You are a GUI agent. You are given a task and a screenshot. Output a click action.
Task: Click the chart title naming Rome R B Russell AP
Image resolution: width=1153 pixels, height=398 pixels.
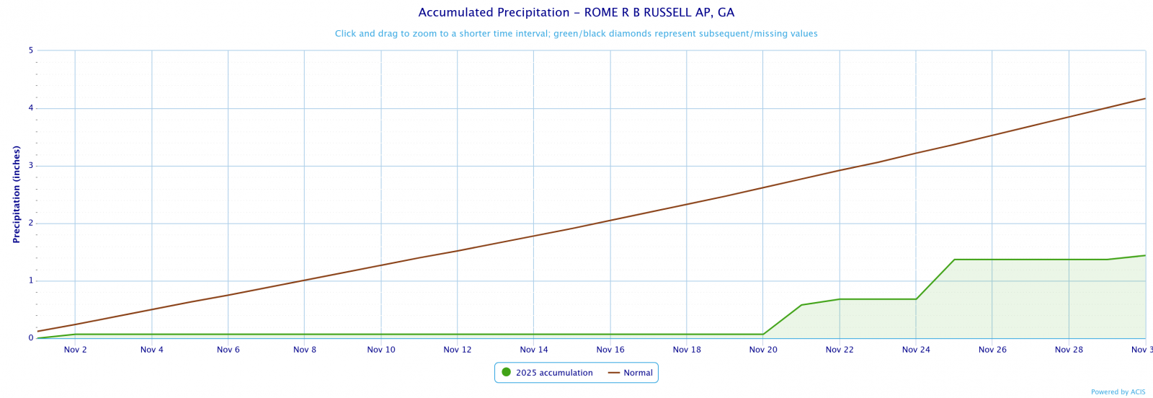pyautogui.click(x=576, y=13)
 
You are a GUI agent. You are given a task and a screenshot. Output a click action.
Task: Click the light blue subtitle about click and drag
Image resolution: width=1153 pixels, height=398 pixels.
pyautogui.click(x=576, y=34)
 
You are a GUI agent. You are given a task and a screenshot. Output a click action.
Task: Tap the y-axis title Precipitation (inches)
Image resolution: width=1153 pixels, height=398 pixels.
pyautogui.click(x=17, y=194)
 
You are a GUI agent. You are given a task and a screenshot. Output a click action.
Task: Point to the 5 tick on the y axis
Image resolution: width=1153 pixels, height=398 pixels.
pyautogui.click(x=31, y=50)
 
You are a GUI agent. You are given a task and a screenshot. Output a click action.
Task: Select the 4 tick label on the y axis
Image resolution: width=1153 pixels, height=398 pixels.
pyautogui.click(x=31, y=108)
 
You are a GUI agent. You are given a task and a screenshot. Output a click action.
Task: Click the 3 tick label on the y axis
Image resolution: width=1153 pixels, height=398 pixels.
pyautogui.click(x=31, y=166)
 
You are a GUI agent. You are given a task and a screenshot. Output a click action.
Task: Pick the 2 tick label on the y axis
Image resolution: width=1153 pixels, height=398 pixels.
pyautogui.click(x=31, y=224)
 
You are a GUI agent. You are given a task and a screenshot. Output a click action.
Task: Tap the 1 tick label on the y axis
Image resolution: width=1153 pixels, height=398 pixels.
pyautogui.click(x=31, y=280)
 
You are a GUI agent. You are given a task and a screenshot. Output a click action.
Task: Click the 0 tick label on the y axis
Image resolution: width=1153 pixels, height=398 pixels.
pyautogui.click(x=31, y=338)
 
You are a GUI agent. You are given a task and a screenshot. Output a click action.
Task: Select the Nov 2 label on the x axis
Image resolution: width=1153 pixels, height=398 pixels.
pyautogui.click(x=76, y=350)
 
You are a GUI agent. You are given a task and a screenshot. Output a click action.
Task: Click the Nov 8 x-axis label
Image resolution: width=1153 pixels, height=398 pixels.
pyautogui.click(x=305, y=350)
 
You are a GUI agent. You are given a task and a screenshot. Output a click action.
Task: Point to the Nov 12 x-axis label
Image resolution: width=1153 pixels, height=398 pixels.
pyautogui.click(x=458, y=350)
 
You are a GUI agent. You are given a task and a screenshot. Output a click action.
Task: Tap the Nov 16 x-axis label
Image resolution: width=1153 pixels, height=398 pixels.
pyautogui.click(x=610, y=350)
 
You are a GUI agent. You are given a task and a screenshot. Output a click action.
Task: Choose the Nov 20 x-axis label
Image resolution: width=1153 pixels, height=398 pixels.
pyautogui.click(x=763, y=350)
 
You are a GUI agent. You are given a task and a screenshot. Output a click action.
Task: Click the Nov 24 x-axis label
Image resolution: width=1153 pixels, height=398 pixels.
pyautogui.click(x=916, y=350)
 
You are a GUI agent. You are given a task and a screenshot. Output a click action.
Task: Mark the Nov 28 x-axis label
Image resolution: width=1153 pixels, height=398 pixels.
pyautogui.click(x=1069, y=350)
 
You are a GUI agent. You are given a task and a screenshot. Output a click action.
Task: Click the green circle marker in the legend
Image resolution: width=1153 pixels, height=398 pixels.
pyautogui.click(x=506, y=372)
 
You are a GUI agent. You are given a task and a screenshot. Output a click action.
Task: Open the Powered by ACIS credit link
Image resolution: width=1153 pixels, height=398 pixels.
pyautogui.click(x=1118, y=392)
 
